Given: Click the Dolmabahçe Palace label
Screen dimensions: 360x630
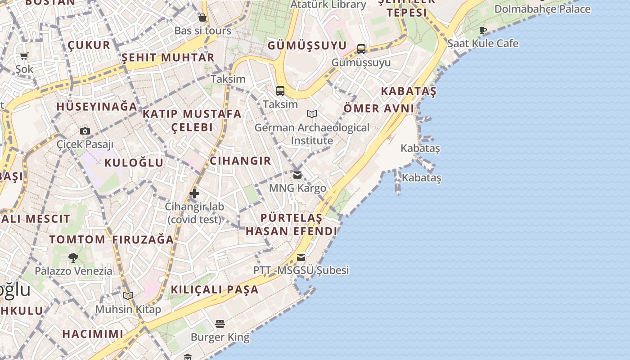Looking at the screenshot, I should (x=542, y=9).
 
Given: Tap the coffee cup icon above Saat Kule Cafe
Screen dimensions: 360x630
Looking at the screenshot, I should (x=483, y=31).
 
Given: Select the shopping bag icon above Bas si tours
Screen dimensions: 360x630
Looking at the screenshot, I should (x=202, y=18).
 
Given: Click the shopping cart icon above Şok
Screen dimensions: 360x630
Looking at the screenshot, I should (x=24, y=56).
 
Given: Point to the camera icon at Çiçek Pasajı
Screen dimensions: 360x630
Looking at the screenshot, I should (x=85, y=131).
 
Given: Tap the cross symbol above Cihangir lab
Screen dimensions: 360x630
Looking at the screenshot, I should (x=194, y=193).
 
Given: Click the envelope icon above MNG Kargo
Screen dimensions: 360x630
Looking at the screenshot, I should (x=297, y=175).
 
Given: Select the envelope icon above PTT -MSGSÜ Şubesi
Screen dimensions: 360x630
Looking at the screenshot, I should (x=301, y=257).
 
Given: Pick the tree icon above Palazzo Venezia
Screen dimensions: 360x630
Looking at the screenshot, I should (x=73, y=258).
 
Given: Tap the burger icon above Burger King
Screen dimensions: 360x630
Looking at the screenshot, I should (x=220, y=324).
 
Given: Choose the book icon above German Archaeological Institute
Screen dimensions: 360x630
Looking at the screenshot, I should (x=312, y=114).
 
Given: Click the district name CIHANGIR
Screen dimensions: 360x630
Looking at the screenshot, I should (x=241, y=161).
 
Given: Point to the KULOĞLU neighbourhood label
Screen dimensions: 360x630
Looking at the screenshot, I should (x=134, y=162).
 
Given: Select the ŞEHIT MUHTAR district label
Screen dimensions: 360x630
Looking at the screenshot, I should (x=168, y=58).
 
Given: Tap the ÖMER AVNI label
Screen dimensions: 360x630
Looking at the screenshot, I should (x=379, y=108).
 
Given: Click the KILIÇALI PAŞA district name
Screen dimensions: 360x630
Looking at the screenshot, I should (x=215, y=289).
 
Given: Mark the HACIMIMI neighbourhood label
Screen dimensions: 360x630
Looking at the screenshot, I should (x=93, y=334).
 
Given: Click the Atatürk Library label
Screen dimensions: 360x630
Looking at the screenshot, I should (x=328, y=5).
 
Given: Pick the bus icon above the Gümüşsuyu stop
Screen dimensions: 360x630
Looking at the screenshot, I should (x=361, y=49).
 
